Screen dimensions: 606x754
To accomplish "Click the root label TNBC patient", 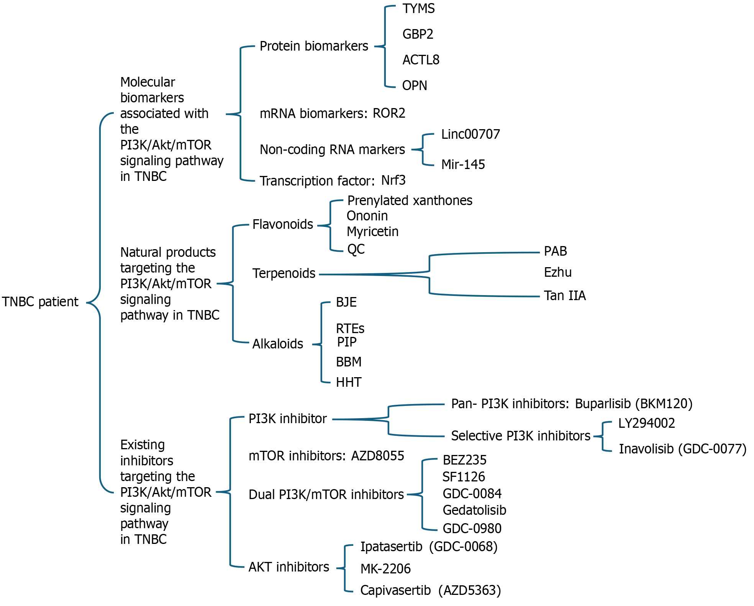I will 40,302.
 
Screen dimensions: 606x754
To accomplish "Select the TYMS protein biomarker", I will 418,8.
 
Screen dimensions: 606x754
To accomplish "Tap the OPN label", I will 415,85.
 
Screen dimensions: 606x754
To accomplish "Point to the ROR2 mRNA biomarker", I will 389,113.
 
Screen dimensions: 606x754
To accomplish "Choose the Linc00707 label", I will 470,134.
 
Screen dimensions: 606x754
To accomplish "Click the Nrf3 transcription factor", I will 393,180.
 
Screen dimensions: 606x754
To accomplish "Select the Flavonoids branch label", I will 283,224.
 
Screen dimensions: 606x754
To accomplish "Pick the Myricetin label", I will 372,232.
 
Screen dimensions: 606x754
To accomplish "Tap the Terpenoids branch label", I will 284,273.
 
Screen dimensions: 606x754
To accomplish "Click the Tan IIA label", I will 565,296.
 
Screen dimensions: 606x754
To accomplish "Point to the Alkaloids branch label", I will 278,344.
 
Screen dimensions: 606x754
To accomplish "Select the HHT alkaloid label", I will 349,382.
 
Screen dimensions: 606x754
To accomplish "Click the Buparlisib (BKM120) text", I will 634,404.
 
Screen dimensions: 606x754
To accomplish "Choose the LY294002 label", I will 647,423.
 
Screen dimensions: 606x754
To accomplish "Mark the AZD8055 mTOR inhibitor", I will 378,456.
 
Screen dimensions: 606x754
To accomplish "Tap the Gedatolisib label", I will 474,510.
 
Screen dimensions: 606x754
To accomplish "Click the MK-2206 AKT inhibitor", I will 385,569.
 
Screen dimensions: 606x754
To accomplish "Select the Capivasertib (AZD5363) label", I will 431,590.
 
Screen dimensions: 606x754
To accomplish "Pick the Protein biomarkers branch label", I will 314,46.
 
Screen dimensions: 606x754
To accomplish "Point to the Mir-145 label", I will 463,164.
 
